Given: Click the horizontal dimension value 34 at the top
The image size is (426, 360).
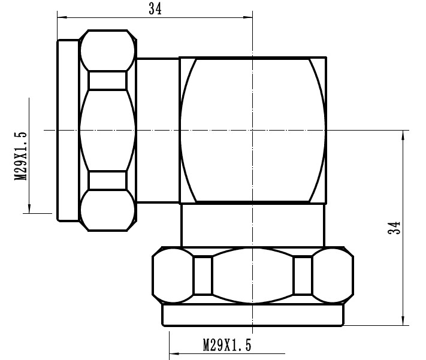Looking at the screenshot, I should click(155, 8).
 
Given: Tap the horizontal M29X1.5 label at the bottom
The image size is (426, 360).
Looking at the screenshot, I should click(226, 345).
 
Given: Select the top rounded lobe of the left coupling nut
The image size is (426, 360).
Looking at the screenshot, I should click(107, 50).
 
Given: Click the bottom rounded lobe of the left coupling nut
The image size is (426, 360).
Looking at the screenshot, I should click(107, 210).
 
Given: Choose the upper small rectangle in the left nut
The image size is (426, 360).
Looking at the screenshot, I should click(107, 80).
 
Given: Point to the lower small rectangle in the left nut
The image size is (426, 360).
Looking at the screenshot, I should click(107, 180).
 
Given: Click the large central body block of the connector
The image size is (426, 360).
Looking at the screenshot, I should click(252, 129).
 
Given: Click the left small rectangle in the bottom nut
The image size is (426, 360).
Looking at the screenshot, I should click(203, 276).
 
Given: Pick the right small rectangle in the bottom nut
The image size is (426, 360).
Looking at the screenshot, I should click(303, 276).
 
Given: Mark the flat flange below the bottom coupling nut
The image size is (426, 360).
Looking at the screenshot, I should click(252, 314).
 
